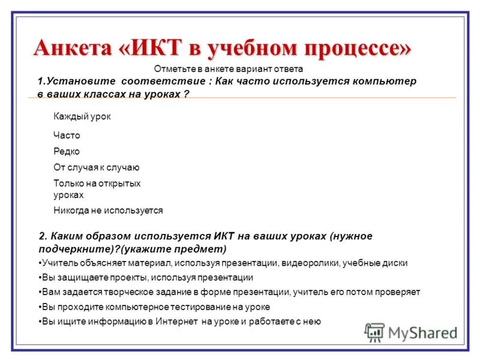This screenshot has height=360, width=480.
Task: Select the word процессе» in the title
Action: coord(354,47)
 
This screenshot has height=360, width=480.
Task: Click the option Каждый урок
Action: coord(82,116)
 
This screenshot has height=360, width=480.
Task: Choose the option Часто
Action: coord(67,136)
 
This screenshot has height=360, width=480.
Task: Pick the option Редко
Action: coord(67,151)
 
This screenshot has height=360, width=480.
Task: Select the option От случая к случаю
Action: coord(97,167)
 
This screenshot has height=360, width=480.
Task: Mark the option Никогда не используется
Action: coord(108,211)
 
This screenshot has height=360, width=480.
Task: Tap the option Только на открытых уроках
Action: coord(97,189)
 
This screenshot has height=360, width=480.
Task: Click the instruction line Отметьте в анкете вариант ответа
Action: coord(229,69)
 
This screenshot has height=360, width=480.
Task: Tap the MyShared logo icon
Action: coord(375,332)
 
